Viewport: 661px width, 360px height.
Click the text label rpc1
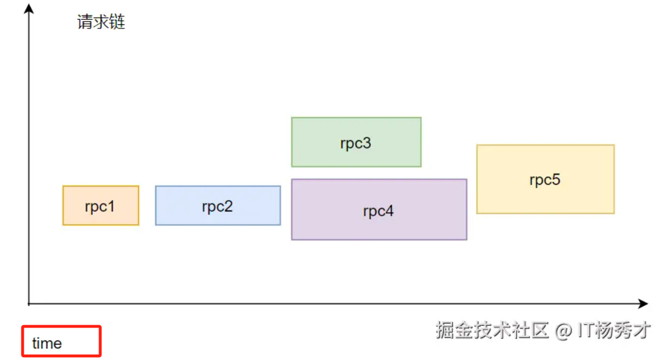tap(100, 206)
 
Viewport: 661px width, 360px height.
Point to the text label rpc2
tap(217, 206)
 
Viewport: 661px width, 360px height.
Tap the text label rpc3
tap(355, 143)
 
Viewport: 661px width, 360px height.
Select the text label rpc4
tap(378, 211)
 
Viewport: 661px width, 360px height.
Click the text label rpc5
tap(545, 180)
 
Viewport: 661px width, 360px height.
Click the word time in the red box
tap(47, 343)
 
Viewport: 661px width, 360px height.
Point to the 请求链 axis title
tap(101, 23)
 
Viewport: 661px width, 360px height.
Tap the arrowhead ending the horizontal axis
tap(643, 303)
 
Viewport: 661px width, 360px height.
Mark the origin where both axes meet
tap(29, 303)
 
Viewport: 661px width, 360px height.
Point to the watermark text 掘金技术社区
tap(492, 330)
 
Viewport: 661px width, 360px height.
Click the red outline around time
tap(100, 341)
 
